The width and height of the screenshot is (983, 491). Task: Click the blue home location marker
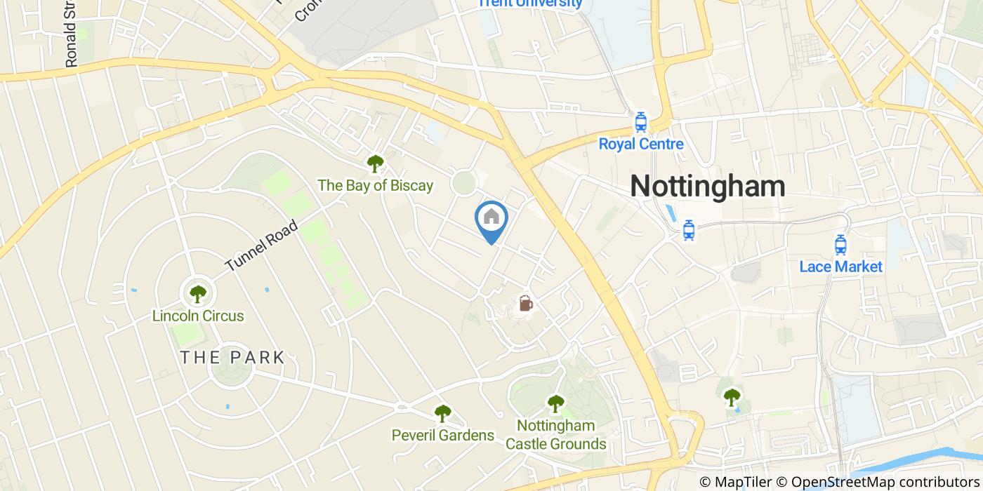click(491, 218)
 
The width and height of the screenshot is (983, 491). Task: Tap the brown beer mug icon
click(526, 304)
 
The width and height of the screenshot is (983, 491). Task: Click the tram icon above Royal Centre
click(640, 123)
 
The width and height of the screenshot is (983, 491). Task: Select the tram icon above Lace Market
click(840, 245)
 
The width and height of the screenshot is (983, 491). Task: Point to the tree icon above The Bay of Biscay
click(375, 164)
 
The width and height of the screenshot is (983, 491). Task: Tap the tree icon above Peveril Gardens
click(442, 414)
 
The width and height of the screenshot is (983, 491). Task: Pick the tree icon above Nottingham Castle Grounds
click(555, 403)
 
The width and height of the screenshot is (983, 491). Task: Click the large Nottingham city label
click(707, 187)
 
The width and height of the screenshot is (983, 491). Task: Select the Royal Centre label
click(640, 144)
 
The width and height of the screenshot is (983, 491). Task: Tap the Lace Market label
click(840, 267)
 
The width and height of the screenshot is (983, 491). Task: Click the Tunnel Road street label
click(262, 246)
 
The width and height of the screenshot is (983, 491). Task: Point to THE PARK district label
click(232, 357)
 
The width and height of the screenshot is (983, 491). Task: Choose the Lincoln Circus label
click(198, 316)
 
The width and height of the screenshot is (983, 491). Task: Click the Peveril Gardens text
click(442, 436)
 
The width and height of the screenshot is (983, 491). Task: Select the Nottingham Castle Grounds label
click(555, 435)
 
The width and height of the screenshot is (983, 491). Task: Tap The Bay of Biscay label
click(375, 186)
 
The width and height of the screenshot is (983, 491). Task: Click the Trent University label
click(529, 4)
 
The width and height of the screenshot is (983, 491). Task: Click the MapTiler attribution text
click(735, 482)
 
